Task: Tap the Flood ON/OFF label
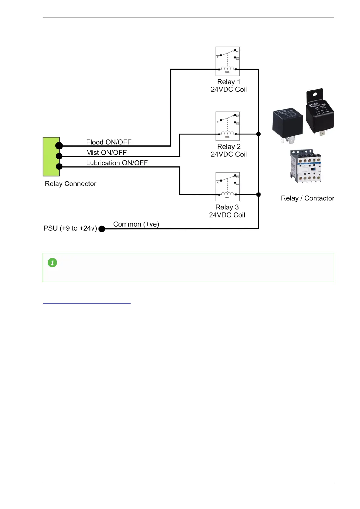(109, 142)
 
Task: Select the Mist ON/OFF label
(106, 153)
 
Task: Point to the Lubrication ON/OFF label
(117, 163)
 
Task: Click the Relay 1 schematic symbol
(227, 61)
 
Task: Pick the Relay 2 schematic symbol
(227, 126)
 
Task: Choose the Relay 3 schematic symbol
(227, 186)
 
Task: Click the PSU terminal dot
(102, 229)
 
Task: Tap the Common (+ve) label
(136, 224)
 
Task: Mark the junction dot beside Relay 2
(258, 134)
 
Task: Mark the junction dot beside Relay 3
(258, 195)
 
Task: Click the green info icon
(52, 262)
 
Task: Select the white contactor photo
(306, 166)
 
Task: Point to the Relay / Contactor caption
(307, 198)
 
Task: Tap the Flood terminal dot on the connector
(59, 146)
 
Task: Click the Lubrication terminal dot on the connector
(59, 166)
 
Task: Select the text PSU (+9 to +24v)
(70, 228)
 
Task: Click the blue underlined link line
(86, 303)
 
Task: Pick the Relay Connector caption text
(70, 184)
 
